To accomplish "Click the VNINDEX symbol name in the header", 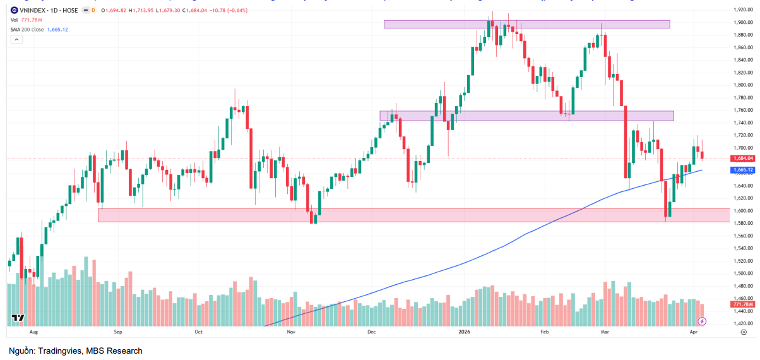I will (29, 11).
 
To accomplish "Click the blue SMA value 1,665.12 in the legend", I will (57, 30).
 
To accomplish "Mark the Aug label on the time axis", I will (33, 331).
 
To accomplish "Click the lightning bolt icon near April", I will (701, 321).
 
